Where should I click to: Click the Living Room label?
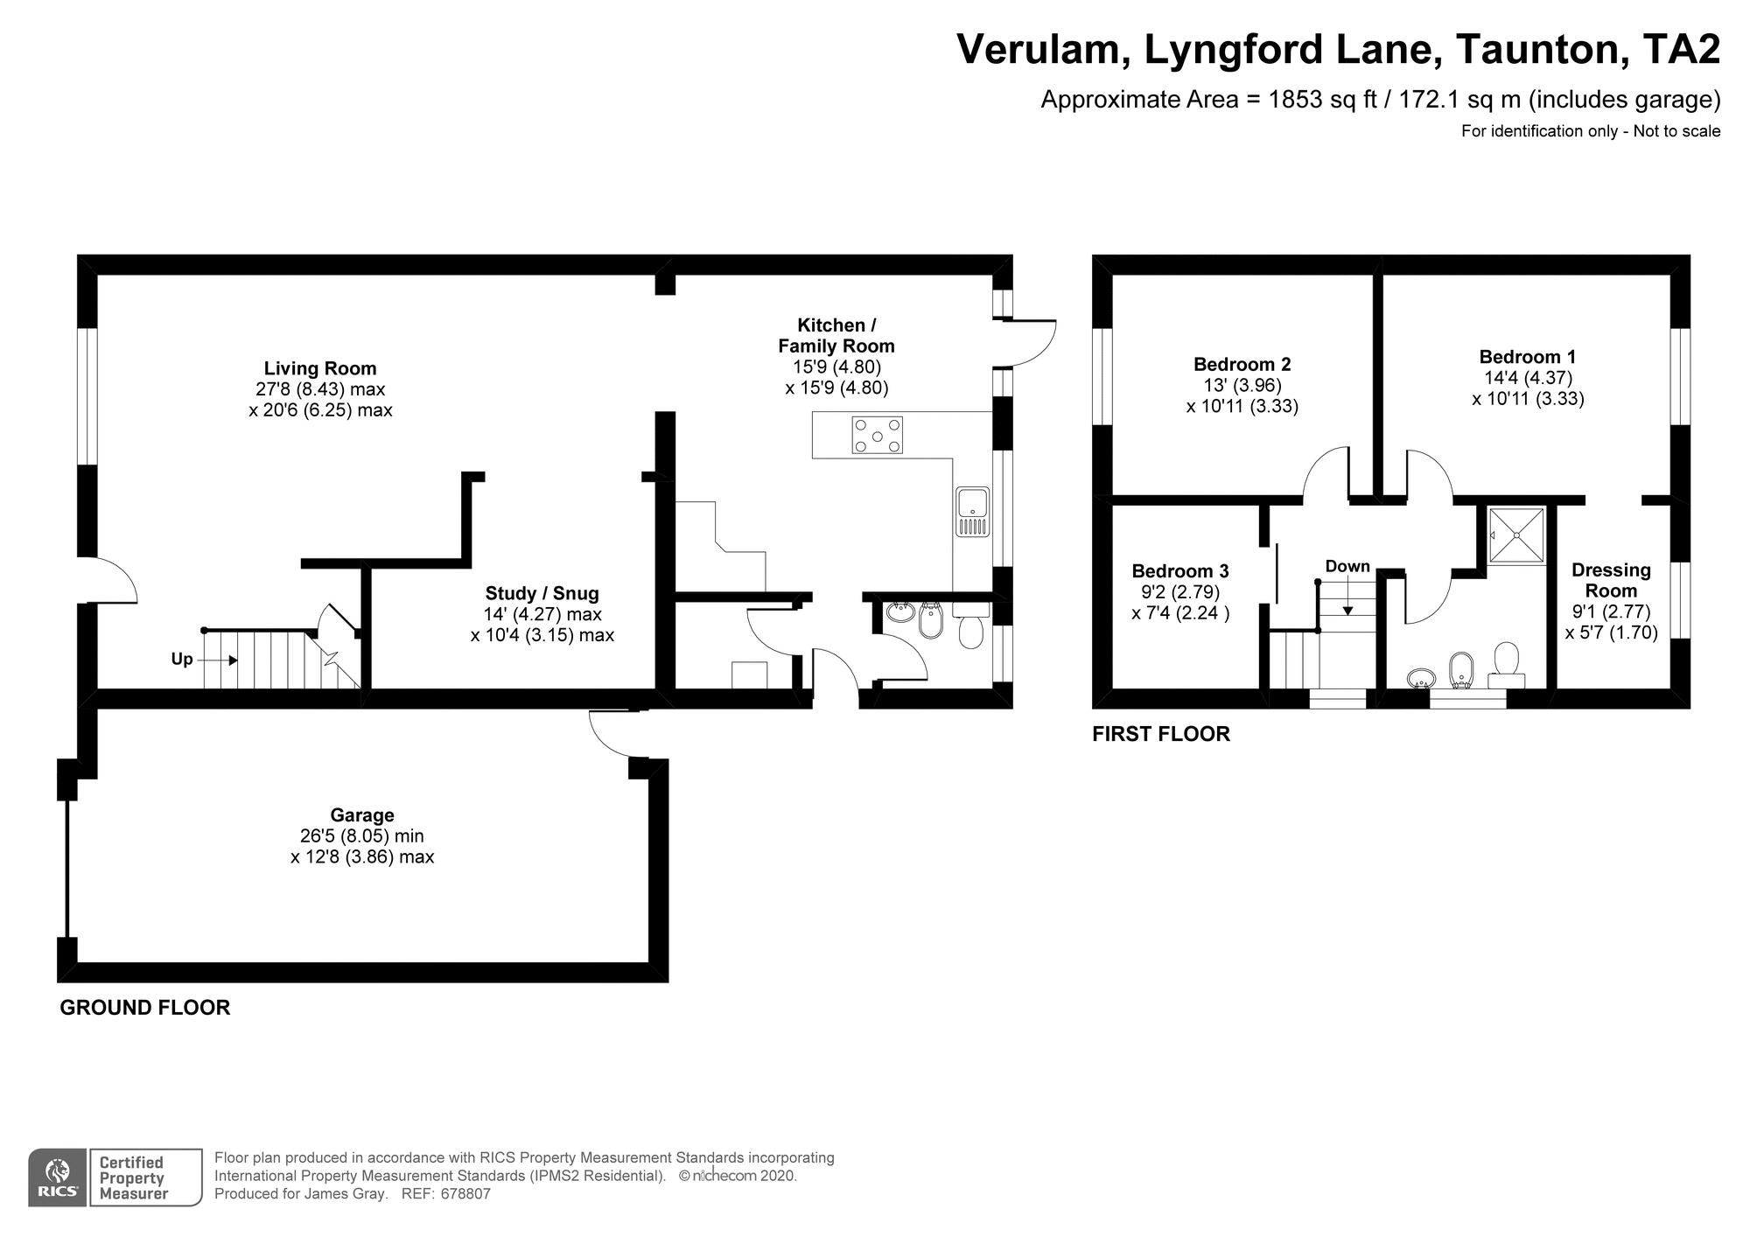point(320,368)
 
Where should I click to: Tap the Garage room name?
point(362,815)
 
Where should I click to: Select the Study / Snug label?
point(542,593)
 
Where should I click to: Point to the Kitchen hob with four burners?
point(878,435)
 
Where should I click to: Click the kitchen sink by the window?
point(973,512)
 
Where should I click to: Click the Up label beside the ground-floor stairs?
point(182,659)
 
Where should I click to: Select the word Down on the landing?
point(1347,566)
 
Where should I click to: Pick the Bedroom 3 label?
point(1180,571)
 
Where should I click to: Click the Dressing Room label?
point(1611,580)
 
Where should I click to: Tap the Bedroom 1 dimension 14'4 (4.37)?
point(1528,378)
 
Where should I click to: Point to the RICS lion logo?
point(58,1178)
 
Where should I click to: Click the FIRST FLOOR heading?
point(1161,734)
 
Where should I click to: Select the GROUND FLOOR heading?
point(145,1007)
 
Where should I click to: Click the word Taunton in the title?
point(1536,49)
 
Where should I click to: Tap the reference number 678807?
point(465,1193)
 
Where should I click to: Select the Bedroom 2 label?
point(1242,364)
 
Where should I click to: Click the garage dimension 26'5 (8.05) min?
point(362,836)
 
